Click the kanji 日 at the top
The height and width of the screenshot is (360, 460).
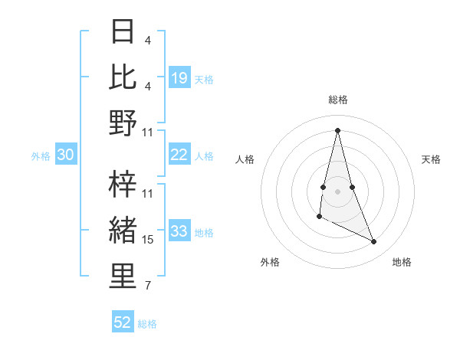tap(123, 31)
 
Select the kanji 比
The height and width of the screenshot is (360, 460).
tap(123, 77)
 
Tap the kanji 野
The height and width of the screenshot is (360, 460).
tap(123, 123)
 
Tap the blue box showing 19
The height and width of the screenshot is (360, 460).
tap(179, 78)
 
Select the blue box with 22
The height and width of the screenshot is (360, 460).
tap(179, 155)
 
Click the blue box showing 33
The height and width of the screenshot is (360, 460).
tap(179, 231)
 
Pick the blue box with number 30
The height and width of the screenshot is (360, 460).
tap(65, 155)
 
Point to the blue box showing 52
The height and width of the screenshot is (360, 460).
tap(123, 322)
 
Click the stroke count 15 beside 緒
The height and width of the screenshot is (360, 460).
tap(148, 240)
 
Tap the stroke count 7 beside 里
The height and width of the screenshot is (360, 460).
tap(148, 286)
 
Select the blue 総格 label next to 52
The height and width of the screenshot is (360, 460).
tap(147, 324)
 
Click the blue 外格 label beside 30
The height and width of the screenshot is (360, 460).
tap(41, 156)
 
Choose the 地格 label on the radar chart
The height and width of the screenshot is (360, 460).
tap(402, 262)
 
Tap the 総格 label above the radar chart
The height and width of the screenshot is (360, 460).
tap(338, 100)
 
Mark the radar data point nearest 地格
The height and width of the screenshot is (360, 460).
tap(374, 241)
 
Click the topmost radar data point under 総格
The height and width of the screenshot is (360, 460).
tap(338, 129)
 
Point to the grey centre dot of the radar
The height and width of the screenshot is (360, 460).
tap(338, 190)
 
